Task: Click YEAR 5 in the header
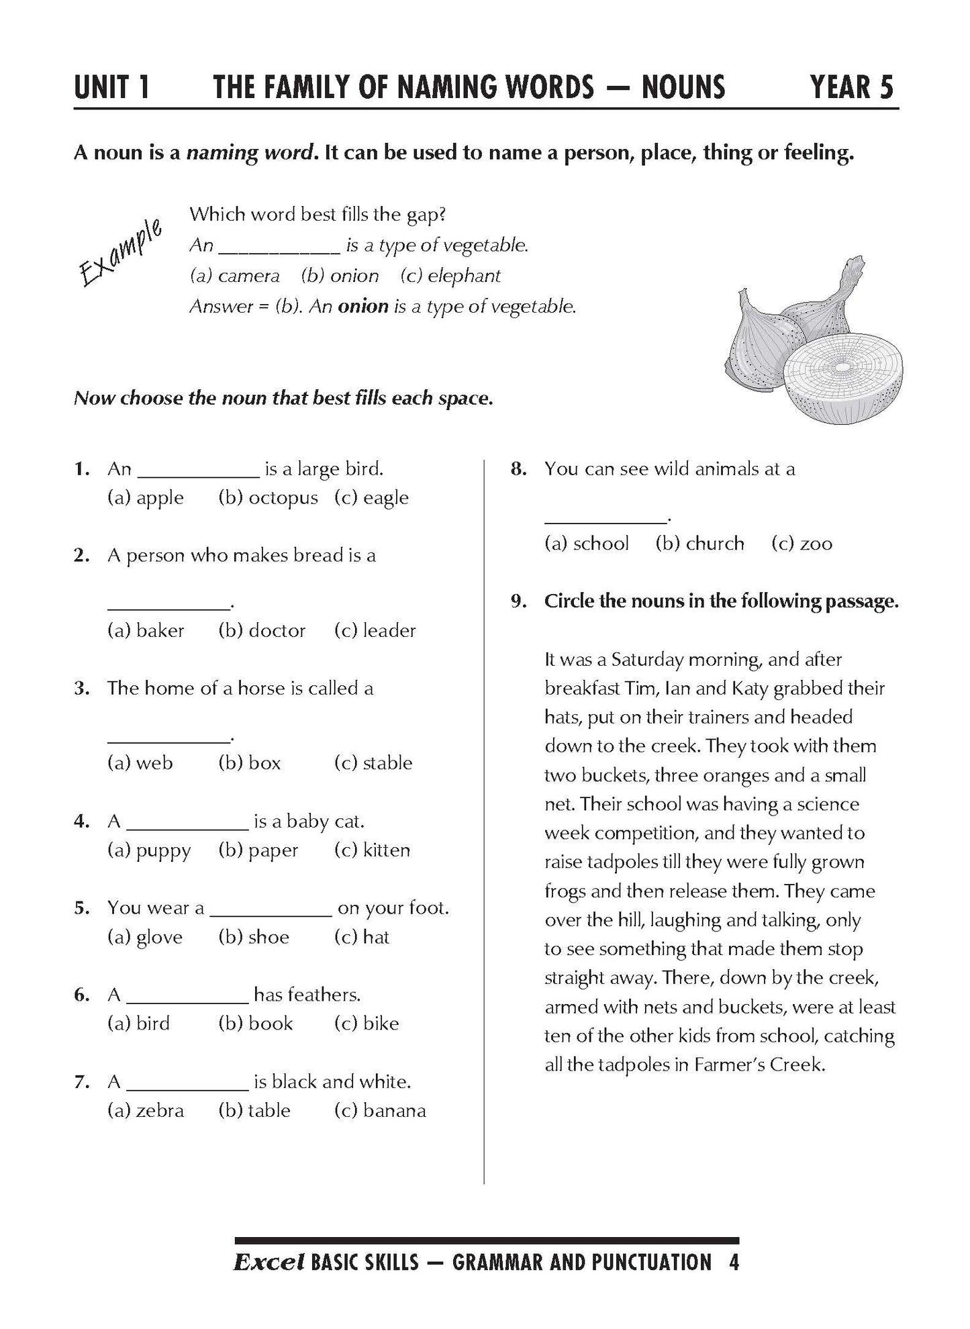coord(852,87)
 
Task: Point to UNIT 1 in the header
coord(112,87)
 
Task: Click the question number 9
coord(518,601)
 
